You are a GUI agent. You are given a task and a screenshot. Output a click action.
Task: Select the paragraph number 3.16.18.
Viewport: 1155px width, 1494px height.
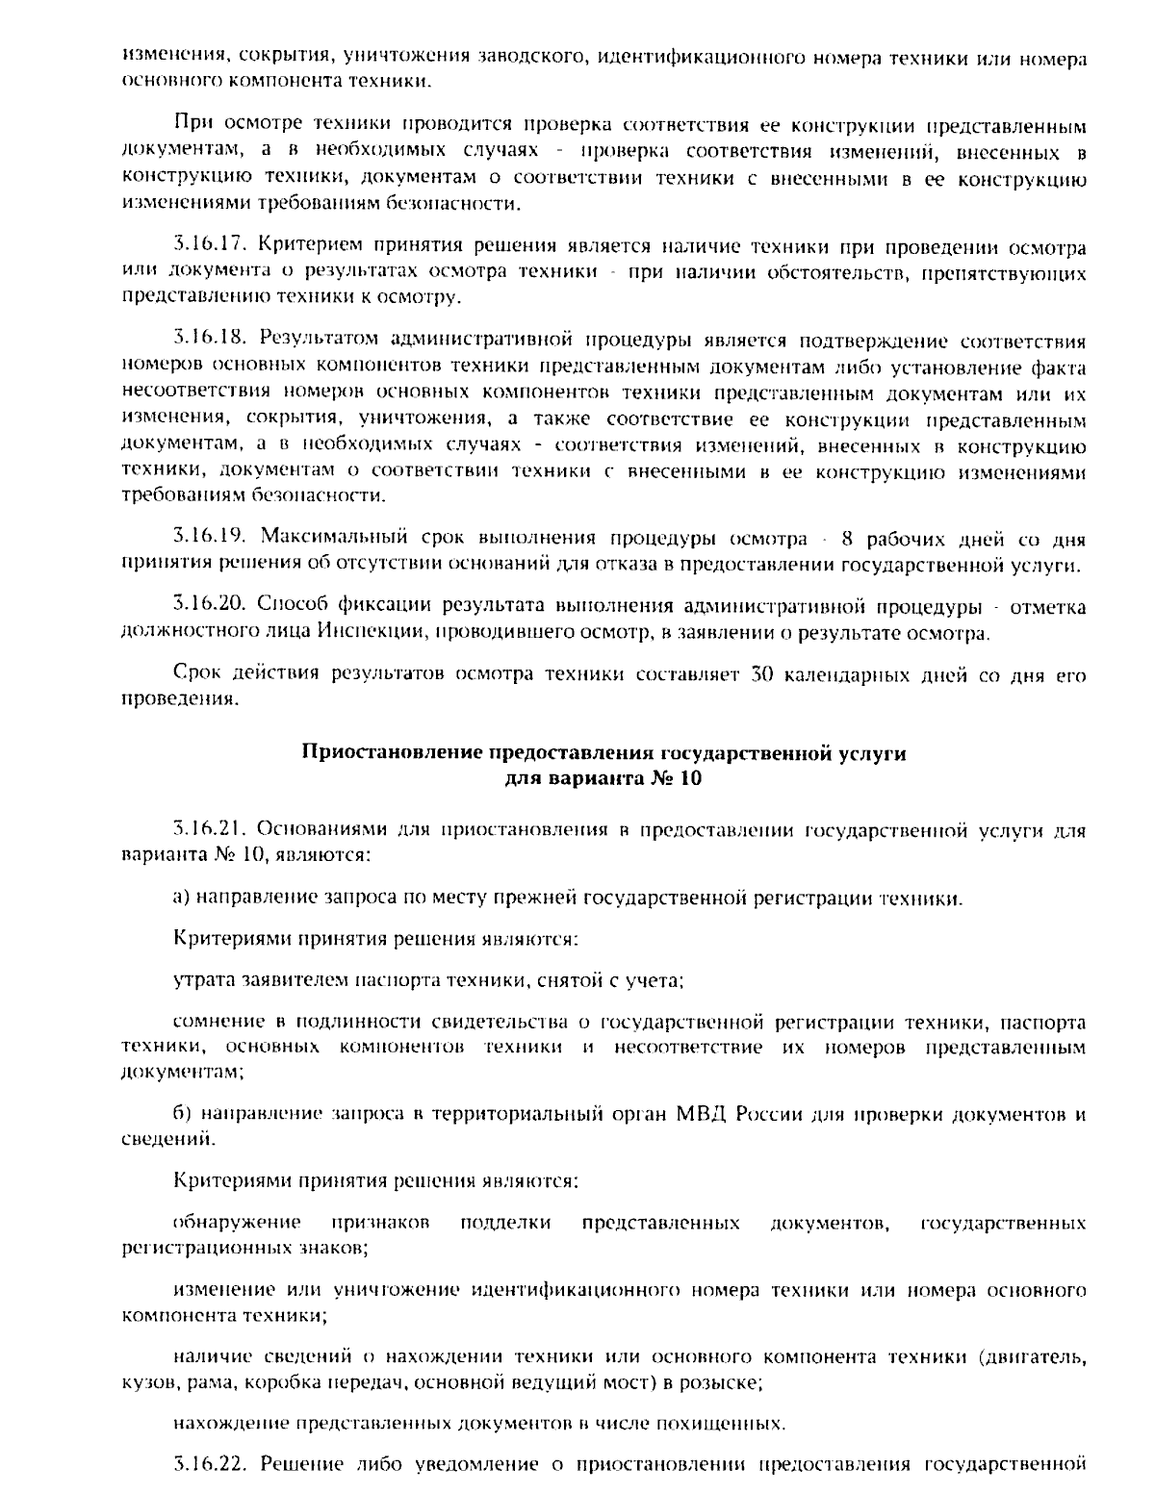click(x=206, y=341)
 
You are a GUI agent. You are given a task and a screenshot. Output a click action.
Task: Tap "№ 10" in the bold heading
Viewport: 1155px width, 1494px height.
click(x=677, y=778)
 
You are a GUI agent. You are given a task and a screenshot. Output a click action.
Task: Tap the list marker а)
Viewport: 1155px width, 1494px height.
click(x=182, y=898)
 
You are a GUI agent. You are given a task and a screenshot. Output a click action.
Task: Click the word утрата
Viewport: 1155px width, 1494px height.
click(x=200, y=979)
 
